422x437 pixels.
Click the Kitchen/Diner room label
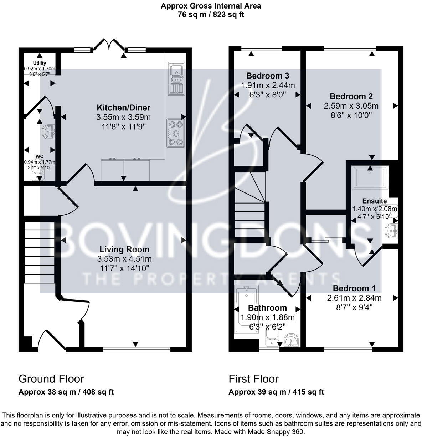(x=123, y=107)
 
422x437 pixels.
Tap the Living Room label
(x=124, y=250)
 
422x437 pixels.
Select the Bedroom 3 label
(x=268, y=76)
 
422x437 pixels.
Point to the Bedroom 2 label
(x=351, y=96)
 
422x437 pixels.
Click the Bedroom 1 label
(x=354, y=288)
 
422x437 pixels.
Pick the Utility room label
(x=40, y=63)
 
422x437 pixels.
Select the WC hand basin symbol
(x=48, y=131)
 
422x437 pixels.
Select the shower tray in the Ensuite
(x=369, y=177)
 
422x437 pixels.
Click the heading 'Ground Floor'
(x=51, y=378)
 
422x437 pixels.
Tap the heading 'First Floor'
(x=253, y=378)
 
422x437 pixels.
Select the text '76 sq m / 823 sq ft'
(x=211, y=15)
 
